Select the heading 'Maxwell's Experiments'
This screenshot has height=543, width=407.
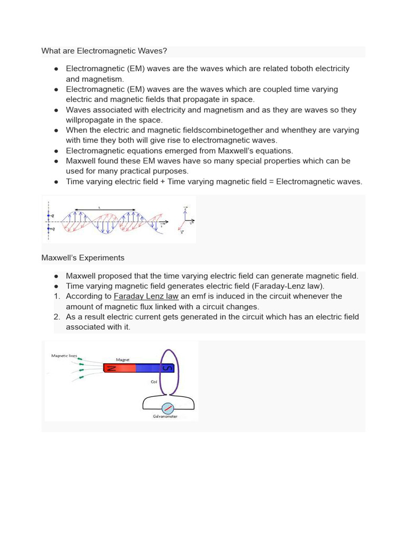[83, 258]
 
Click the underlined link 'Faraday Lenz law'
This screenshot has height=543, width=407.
[146, 296]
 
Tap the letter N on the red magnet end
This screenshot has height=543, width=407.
[111, 368]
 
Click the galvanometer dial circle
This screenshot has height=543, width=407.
[168, 408]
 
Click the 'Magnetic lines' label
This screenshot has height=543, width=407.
[64, 355]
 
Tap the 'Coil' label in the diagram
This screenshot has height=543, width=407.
[154, 381]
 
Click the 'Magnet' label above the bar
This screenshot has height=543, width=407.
[130, 359]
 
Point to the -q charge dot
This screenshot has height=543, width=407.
[49, 216]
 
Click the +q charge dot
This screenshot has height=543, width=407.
[49, 229]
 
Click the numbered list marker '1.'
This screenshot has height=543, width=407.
[57, 296]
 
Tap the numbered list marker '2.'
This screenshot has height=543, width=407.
[57, 317]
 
